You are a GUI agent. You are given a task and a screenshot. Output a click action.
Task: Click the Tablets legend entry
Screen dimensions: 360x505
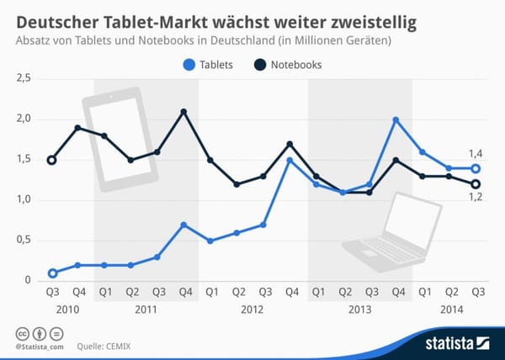tap(214, 64)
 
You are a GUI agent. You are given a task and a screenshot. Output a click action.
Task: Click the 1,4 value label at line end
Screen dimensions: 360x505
tap(475, 153)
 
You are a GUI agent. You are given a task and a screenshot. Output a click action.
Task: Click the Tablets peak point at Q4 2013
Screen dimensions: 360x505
tap(396, 119)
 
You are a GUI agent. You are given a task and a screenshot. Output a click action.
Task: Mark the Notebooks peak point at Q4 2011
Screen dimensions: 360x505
tap(183, 112)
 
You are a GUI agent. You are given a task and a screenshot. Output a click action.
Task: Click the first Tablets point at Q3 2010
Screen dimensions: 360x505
tap(52, 273)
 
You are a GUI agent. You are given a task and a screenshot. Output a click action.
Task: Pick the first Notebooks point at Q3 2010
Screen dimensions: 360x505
tap(52, 160)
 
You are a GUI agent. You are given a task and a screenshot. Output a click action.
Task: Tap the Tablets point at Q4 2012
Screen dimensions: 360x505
tap(290, 160)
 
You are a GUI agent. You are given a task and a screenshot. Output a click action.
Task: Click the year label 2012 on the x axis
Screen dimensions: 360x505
tap(251, 310)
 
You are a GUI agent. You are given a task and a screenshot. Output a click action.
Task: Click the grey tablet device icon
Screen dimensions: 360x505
tap(120, 140)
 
